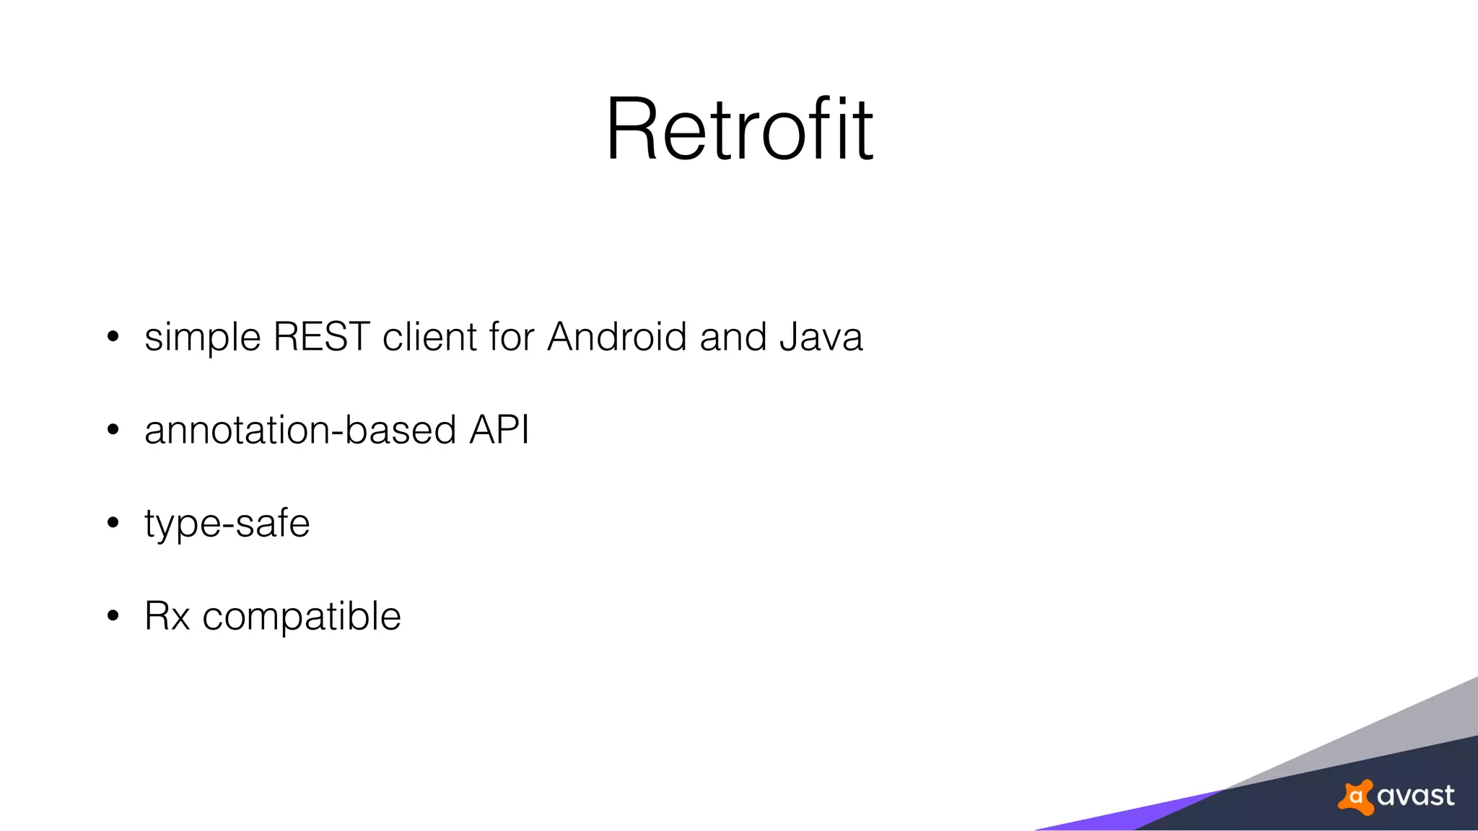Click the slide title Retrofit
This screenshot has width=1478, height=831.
click(739, 130)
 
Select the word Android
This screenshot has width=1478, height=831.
click(616, 337)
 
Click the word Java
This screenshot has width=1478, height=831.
click(821, 337)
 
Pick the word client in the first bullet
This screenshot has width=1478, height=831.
click(429, 337)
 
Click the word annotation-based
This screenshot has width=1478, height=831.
click(300, 430)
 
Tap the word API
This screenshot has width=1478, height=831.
click(499, 430)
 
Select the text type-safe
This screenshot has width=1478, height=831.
click(227, 524)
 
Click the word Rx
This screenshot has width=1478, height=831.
click(167, 617)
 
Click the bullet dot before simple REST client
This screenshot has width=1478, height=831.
click(113, 337)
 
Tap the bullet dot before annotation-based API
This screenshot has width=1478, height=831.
click(113, 430)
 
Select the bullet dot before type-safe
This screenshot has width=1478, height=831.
click(113, 523)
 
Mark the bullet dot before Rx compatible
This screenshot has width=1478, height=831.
click(113, 616)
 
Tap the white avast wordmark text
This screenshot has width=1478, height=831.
click(1415, 796)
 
